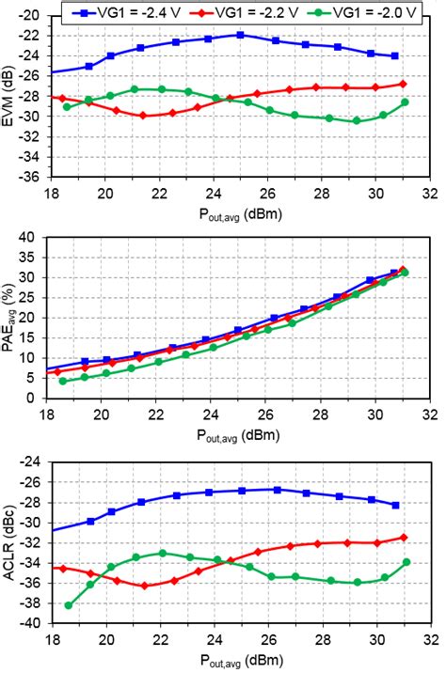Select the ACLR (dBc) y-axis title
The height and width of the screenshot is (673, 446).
pyautogui.click(x=8, y=543)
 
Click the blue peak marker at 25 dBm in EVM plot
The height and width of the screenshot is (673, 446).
pyautogui.click(x=240, y=35)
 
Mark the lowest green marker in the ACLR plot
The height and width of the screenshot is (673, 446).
pyautogui.click(x=68, y=605)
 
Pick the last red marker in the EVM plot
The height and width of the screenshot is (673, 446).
pyautogui.click(x=404, y=84)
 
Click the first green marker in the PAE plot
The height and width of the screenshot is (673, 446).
pyautogui.click(x=63, y=381)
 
